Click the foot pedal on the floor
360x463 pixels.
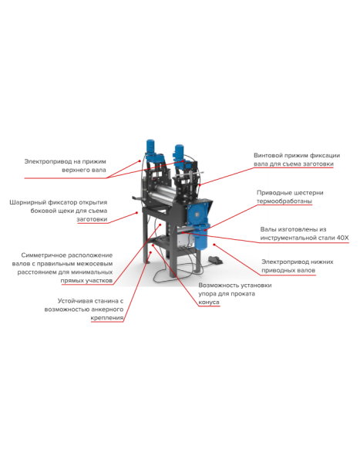click(215, 260)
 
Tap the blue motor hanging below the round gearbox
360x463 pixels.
click(202, 237)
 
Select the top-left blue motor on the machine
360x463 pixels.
click(151, 147)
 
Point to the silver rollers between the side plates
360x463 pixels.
click(162, 196)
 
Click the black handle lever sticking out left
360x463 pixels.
click(138, 198)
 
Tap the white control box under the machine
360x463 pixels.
click(185, 239)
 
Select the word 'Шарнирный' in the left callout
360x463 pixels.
click(28, 202)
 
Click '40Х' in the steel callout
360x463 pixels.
click(342, 238)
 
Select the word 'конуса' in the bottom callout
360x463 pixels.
click(209, 302)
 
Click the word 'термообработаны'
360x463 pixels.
click(284, 201)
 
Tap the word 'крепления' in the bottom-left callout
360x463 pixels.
click(107, 318)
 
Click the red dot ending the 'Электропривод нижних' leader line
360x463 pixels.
click(214, 245)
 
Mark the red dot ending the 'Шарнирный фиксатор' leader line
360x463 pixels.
click(137, 212)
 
